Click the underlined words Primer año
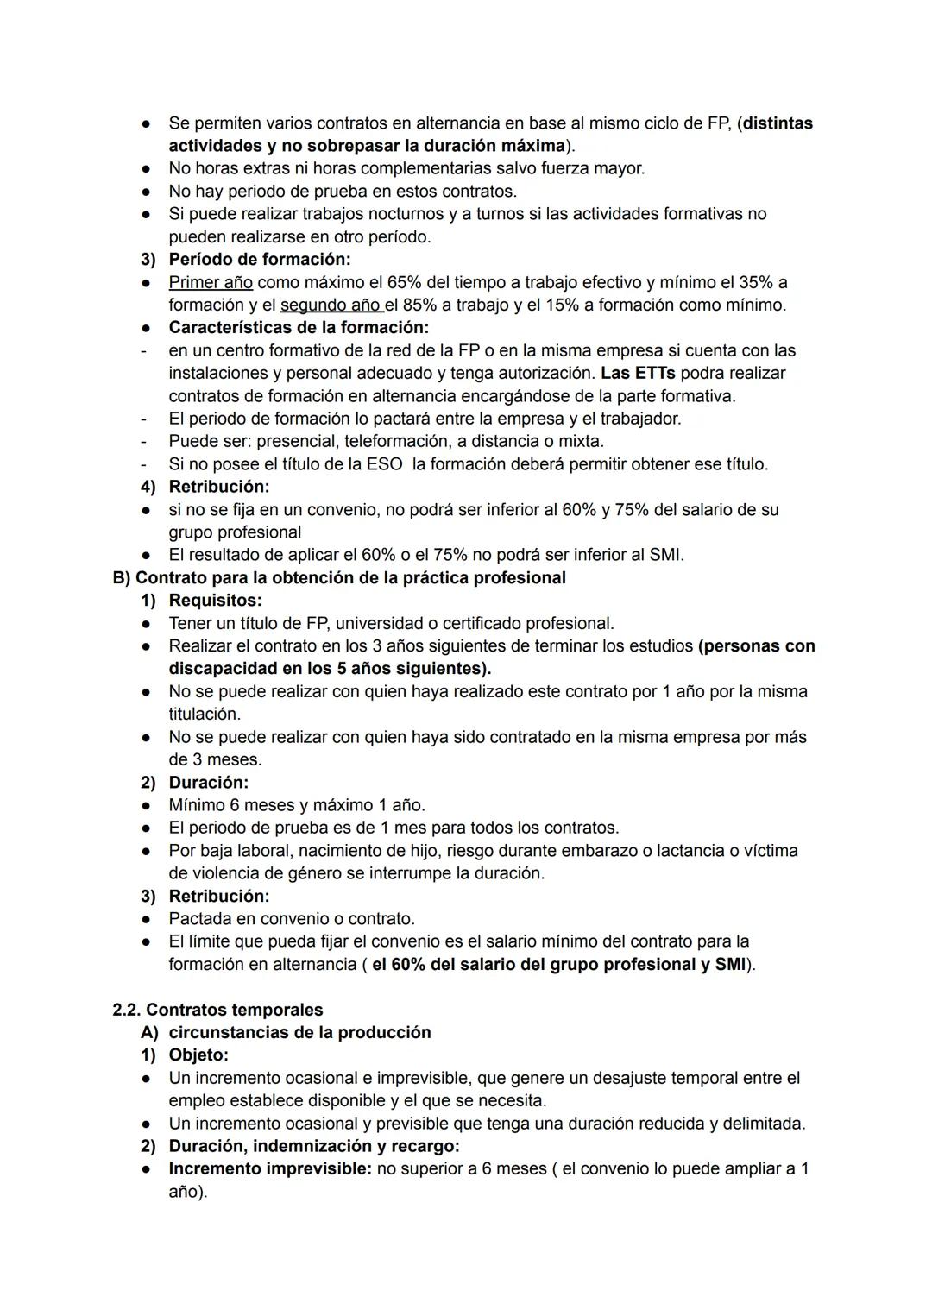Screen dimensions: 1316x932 pos(211,282)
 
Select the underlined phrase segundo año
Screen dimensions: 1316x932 pos(331,305)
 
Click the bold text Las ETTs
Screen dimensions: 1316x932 pos(638,373)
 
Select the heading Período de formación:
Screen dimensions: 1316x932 pos(259,259)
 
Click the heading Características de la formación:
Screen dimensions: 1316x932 pos(299,327)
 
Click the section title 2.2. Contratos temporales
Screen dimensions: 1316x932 pos(217,1010)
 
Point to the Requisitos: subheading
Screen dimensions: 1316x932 pos(215,600)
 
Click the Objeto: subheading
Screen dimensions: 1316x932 pos(198,1055)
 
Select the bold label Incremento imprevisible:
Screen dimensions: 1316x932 pos(270,1168)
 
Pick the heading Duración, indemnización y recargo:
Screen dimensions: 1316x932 pos(314,1146)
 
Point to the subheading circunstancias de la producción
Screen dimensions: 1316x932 pos(299,1032)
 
